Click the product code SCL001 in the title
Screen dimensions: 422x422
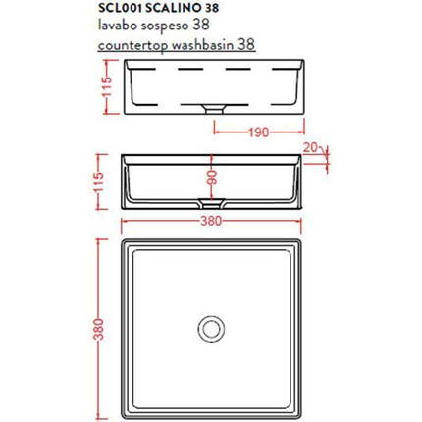click(x=132, y=8)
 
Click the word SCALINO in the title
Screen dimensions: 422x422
click(x=185, y=8)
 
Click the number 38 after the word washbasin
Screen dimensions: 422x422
click(x=249, y=43)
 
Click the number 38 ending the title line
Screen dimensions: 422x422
click(x=225, y=8)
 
